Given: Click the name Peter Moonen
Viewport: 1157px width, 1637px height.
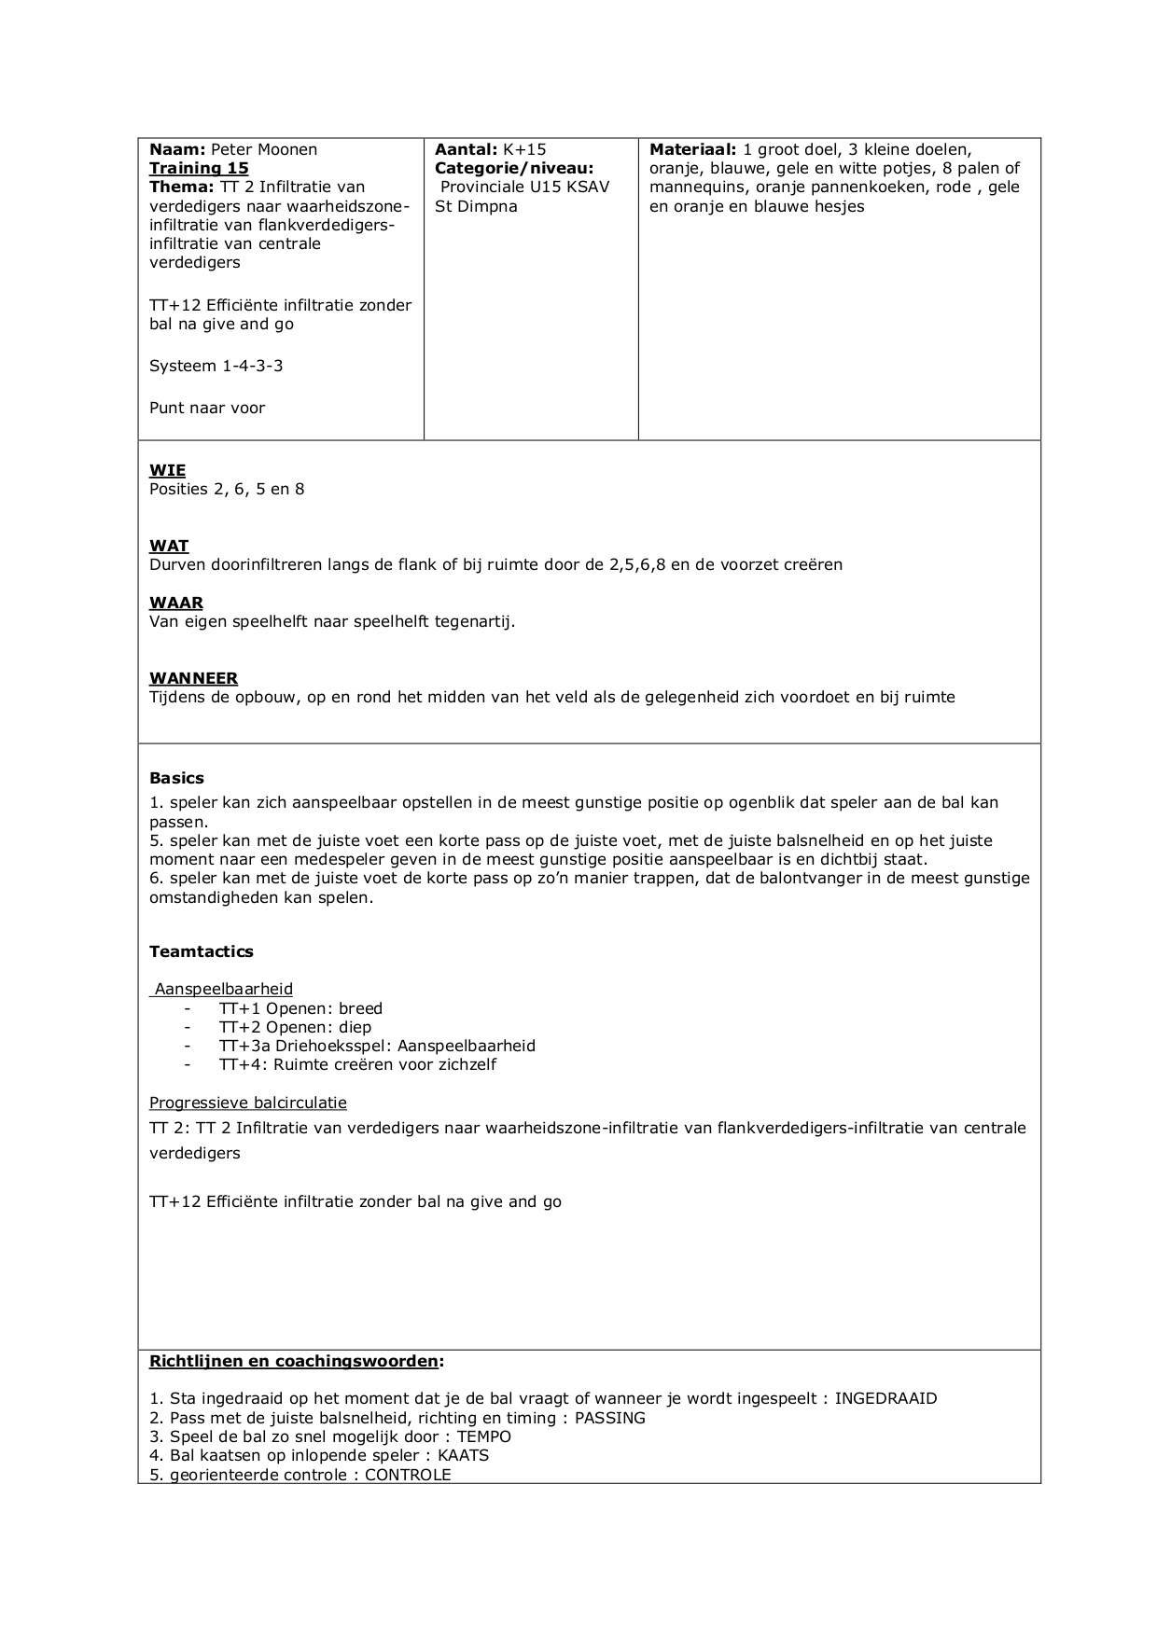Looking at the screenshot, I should pyautogui.click(x=264, y=149).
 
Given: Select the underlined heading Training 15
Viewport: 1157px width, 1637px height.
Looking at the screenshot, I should pyautogui.click(x=199, y=168).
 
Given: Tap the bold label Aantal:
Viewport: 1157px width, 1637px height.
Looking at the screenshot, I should pyautogui.click(x=467, y=149).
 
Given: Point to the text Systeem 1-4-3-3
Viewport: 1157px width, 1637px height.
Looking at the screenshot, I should pyautogui.click(x=216, y=366).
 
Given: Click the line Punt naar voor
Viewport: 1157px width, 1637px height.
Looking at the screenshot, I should pyautogui.click(x=207, y=408).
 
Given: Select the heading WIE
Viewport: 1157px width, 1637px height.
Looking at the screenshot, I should pyautogui.click(x=167, y=470).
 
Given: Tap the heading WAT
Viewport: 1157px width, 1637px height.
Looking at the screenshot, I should pyautogui.click(x=169, y=546).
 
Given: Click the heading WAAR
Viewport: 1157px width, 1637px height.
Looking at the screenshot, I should pyautogui.click(x=176, y=603).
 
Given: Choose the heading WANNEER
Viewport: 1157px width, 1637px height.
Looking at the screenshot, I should pyautogui.click(x=193, y=678).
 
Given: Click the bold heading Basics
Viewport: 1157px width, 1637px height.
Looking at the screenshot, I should pyautogui.click(x=176, y=778).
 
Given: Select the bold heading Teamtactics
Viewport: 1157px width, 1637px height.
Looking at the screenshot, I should pyautogui.click(x=201, y=951).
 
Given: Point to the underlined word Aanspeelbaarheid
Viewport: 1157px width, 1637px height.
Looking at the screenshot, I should pyautogui.click(x=223, y=989).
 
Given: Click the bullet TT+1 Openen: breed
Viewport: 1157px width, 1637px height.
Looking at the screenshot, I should pyautogui.click(x=300, y=1008).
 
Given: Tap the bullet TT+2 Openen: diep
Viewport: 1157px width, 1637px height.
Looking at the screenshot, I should pyautogui.click(x=295, y=1027).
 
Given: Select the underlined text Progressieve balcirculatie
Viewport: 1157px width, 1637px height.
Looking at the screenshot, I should pyautogui.click(x=247, y=1103).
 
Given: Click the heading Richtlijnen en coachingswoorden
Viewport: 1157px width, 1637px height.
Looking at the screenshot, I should pyautogui.click(x=293, y=1361).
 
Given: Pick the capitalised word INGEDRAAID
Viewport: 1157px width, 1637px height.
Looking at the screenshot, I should pyautogui.click(x=885, y=1398).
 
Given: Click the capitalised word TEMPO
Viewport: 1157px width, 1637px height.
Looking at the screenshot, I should pyautogui.click(x=483, y=1436).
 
